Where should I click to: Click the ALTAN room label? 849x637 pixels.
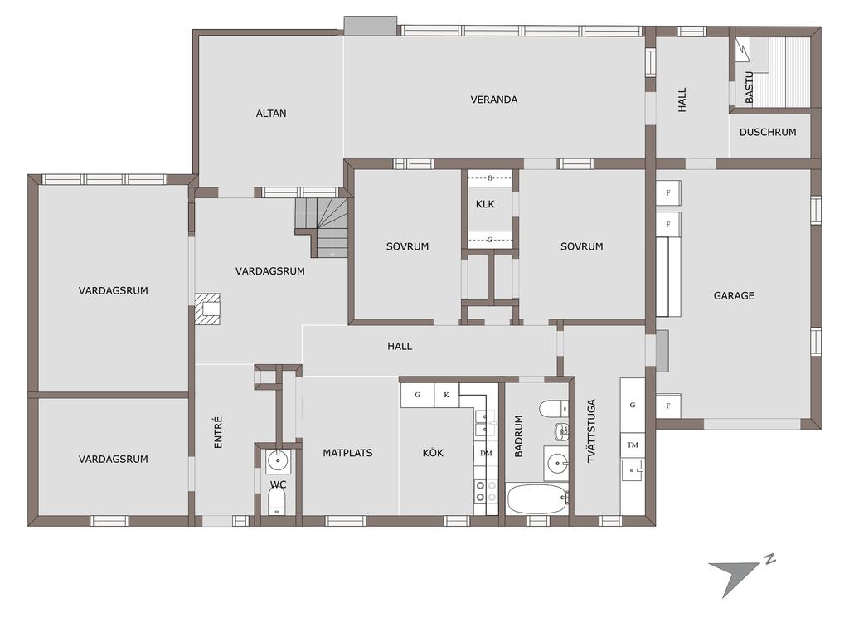coord(271,114)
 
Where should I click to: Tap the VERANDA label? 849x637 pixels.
coord(494,100)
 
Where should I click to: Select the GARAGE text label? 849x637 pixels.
coord(734,296)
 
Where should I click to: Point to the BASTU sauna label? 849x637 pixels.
coord(749,87)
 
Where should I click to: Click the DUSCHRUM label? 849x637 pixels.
coord(768,132)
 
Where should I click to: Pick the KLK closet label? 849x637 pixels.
coord(485,204)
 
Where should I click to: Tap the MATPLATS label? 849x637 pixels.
coord(347,453)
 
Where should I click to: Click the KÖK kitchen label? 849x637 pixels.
coord(433,452)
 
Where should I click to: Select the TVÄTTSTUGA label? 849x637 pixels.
coord(591,430)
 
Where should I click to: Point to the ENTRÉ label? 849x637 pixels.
coord(218,432)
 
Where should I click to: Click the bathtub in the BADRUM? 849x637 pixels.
coord(537,498)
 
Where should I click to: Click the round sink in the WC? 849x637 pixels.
coord(279,461)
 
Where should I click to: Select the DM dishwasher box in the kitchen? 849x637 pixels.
coord(486,453)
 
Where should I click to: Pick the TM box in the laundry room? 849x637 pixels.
coord(633,445)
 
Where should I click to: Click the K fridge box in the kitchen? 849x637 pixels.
coord(447,395)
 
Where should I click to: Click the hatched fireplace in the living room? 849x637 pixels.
coord(208,309)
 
